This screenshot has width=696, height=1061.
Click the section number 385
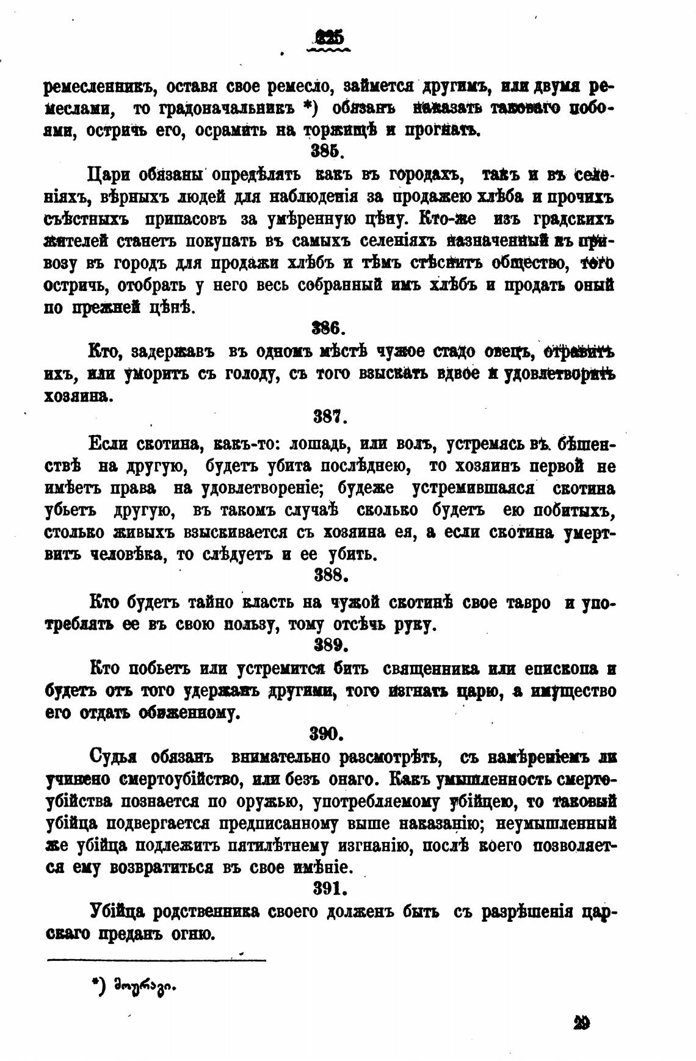click(331, 150)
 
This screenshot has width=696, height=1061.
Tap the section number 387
click(330, 418)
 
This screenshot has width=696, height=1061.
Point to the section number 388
click(330, 575)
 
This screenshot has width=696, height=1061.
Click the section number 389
click(330, 645)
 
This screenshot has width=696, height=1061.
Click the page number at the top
click(330, 38)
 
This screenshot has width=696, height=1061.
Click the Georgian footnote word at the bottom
click(143, 984)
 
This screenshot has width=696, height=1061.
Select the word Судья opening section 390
click(113, 758)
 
